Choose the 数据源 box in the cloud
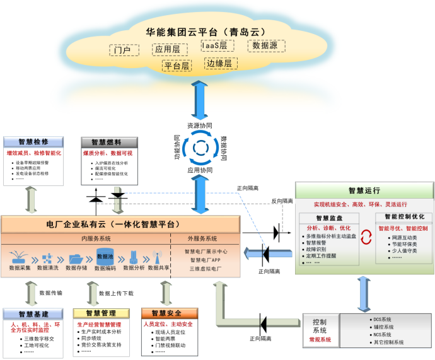[269, 46]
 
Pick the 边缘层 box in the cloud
[219, 64]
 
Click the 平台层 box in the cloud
[177, 66]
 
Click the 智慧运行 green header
[364, 190]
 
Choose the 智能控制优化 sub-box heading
[403, 217]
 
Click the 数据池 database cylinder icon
[105, 256]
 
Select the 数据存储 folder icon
[76, 258]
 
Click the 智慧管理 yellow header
[101, 313]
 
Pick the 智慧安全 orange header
[166, 313]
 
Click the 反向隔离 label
[282, 201]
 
